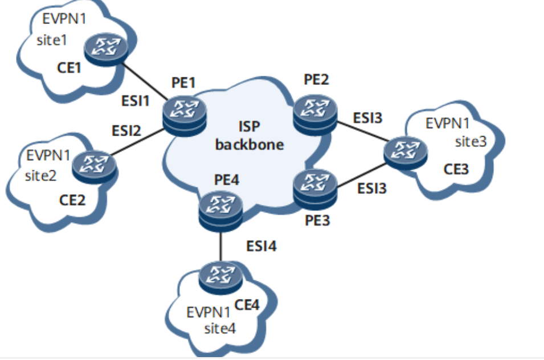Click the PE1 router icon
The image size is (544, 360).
point(184,113)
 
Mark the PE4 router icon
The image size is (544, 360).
point(221,209)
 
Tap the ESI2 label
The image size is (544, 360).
point(126,131)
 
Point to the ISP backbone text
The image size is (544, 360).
point(249,136)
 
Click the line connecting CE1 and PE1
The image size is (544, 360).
point(145,81)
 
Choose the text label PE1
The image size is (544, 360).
point(183,84)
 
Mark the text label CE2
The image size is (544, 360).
point(73,200)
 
